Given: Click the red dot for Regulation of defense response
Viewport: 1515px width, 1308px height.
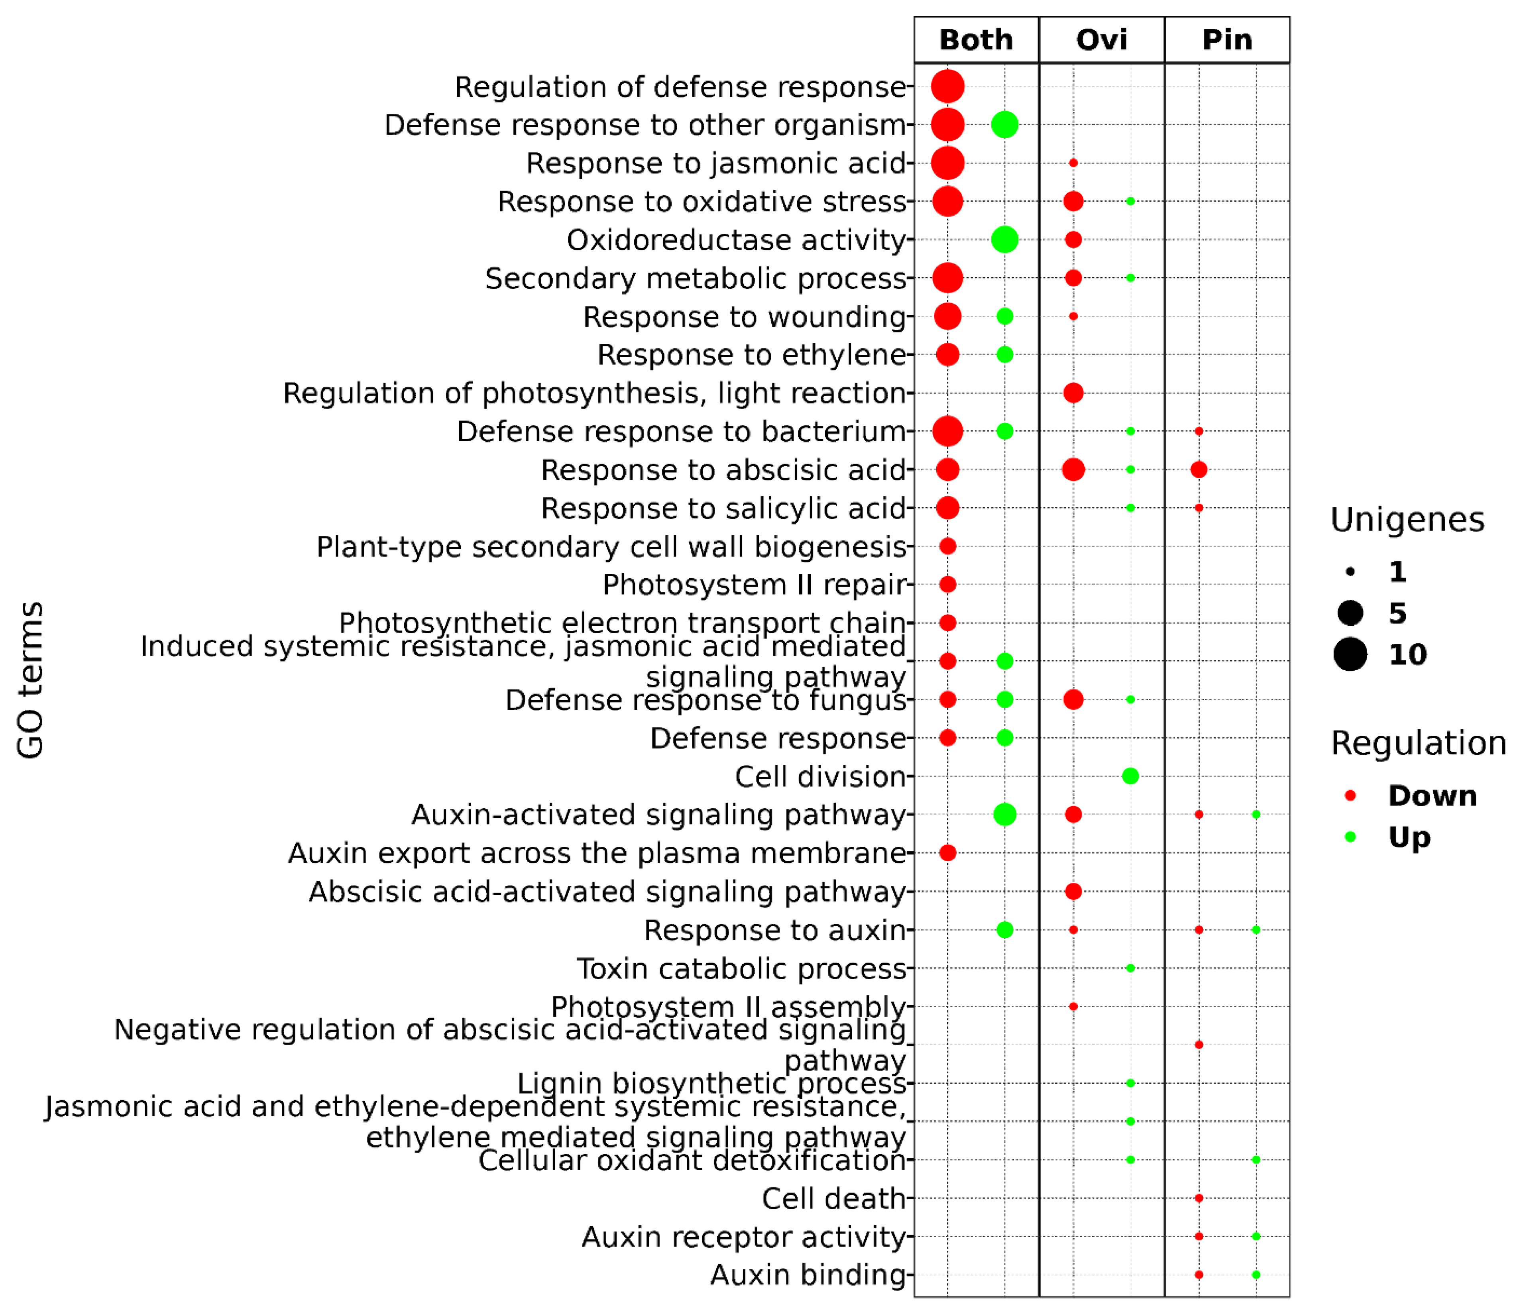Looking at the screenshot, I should click(947, 86).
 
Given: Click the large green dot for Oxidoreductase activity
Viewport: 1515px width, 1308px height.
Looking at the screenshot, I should click(1005, 239).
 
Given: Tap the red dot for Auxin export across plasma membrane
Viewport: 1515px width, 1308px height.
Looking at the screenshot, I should click(947, 852).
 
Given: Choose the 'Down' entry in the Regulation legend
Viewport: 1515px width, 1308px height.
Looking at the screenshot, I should click(1432, 795).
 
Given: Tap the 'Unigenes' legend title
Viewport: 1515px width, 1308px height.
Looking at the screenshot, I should click(1407, 520).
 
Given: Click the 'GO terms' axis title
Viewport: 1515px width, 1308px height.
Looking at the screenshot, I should click(31, 680).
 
